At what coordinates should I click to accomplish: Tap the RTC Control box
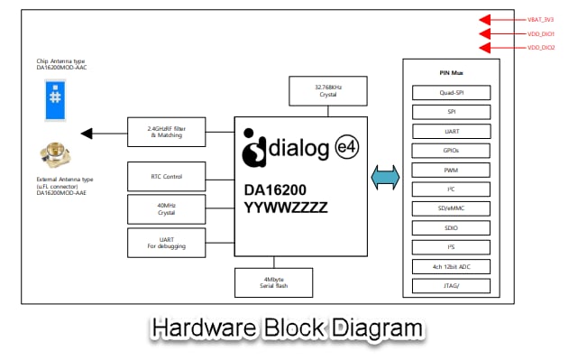pyautogui.click(x=166, y=176)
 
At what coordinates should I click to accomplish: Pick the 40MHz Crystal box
pyautogui.click(x=166, y=208)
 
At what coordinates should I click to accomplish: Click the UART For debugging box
pyautogui.click(x=166, y=242)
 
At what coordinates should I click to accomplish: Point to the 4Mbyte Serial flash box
pyautogui.click(x=274, y=282)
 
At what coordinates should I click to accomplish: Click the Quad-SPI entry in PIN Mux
pyautogui.click(x=451, y=92)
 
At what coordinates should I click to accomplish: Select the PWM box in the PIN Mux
pyautogui.click(x=451, y=170)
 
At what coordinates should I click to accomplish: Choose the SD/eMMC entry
pyautogui.click(x=451, y=208)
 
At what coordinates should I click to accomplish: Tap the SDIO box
pyautogui.click(x=451, y=228)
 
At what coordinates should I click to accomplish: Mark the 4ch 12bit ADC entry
pyautogui.click(x=451, y=267)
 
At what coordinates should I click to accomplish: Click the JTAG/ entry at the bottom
pyautogui.click(x=451, y=286)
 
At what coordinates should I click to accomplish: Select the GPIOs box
pyautogui.click(x=451, y=151)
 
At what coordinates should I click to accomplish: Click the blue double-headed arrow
pyautogui.click(x=384, y=178)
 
